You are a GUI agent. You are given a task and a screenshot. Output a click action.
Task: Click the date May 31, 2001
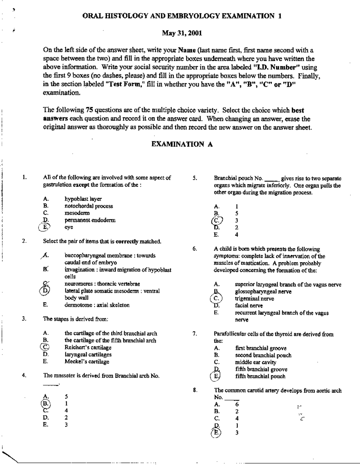coord(182,33)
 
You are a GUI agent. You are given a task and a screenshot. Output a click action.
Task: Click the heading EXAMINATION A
coord(182,144)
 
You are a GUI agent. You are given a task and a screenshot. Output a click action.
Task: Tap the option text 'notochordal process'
coord(89,206)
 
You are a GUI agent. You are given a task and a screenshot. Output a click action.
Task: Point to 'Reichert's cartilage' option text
coord(88,347)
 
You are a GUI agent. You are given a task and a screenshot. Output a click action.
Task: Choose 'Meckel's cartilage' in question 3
coord(87,362)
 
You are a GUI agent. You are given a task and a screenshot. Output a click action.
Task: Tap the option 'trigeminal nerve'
coord(254,298)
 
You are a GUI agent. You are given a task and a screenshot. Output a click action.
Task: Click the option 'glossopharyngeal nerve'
coord(263,291)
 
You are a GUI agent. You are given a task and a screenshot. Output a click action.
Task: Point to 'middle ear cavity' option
coord(256,362)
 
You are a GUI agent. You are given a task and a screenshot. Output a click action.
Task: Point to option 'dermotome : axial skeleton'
coord(97,305)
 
